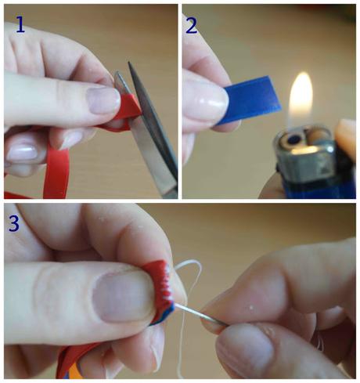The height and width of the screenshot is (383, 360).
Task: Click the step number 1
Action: point(20,24)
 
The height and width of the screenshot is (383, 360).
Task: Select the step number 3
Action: point(14,223)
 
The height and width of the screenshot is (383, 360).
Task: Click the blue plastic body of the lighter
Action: point(321,186)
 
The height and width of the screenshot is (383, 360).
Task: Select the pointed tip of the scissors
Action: point(128,63)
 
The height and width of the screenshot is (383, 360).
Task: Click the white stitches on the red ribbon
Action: point(167,282)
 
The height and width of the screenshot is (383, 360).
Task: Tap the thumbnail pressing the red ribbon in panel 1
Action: point(103,100)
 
